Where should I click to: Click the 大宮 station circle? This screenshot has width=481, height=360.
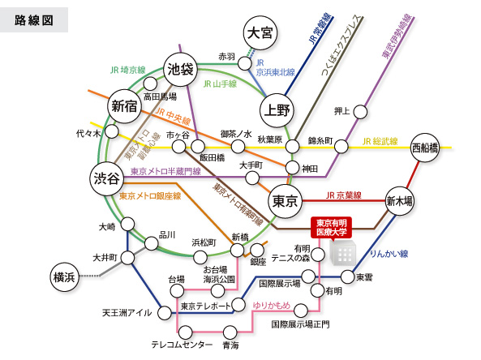[x=260, y=32]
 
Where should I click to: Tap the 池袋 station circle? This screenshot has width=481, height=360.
[x=180, y=69]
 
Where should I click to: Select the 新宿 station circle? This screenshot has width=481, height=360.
[x=124, y=106]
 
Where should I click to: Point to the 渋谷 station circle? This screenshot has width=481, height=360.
[x=106, y=178]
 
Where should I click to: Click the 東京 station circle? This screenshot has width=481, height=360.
[x=285, y=201]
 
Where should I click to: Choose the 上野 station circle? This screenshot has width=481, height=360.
[x=277, y=110]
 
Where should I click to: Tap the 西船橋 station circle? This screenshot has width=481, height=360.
[x=425, y=148]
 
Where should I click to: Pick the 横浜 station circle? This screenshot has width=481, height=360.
[x=64, y=277]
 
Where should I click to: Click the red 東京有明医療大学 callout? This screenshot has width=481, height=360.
[x=331, y=228]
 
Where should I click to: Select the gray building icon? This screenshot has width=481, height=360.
[x=343, y=253]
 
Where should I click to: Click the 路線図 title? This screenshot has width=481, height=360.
[x=34, y=20]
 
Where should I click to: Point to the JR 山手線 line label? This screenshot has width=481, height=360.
[x=220, y=84]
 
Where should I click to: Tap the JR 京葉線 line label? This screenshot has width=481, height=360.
[x=344, y=195]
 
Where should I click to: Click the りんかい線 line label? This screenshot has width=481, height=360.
[x=389, y=254]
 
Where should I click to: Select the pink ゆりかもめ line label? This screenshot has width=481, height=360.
[x=272, y=305]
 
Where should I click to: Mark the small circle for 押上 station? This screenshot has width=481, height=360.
[x=360, y=112]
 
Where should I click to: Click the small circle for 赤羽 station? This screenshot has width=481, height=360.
[x=245, y=63]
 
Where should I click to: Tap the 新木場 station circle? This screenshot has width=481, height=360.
[x=399, y=201]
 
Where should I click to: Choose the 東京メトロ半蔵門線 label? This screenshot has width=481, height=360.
[x=165, y=171]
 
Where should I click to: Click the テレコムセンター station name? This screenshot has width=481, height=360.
[x=182, y=345]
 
